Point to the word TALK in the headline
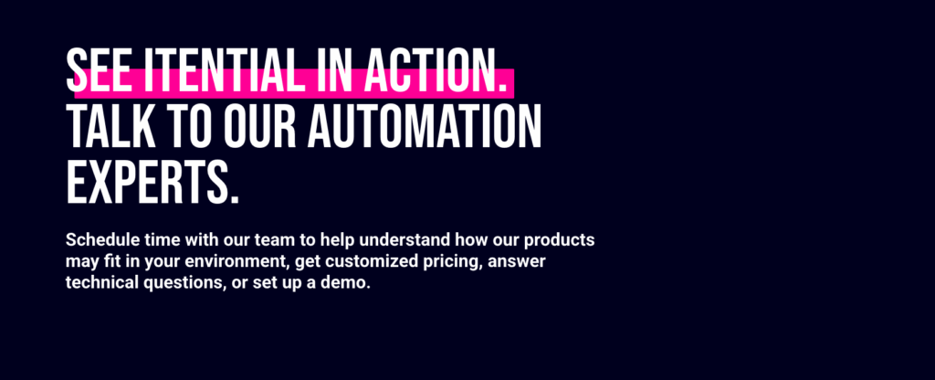pos(110,126)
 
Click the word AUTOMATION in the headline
pos(424,126)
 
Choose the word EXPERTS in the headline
pos(152,183)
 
